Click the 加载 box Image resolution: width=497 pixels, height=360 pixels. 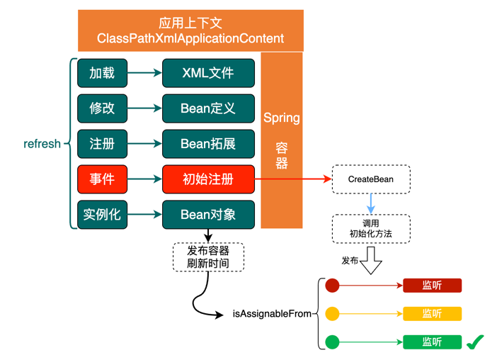pyautogui.click(x=102, y=73)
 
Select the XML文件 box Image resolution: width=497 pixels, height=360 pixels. pyautogui.click(x=208, y=73)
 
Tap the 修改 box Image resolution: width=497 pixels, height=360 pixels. pyautogui.click(x=102, y=108)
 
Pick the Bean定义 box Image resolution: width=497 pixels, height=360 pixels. pyautogui.click(x=208, y=108)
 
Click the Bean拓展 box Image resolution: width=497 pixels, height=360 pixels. pyautogui.click(x=208, y=144)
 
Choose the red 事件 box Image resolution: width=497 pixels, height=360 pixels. pyautogui.click(x=102, y=179)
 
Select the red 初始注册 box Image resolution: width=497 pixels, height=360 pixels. pyautogui.click(x=208, y=179)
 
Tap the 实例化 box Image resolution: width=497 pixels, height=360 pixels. pyautogui.click(x=102, y=215)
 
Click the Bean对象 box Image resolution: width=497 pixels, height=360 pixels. pyautogui.click(x=208, y=215)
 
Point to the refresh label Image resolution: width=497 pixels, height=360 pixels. pyautogui.click(x=42, y=144)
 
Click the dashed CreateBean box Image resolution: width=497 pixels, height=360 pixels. pyautogui.click(x=370, y=179)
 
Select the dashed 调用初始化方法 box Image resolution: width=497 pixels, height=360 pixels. pyautogui.click(x=370, y=228)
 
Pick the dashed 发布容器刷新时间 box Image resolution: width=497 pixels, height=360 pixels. pyautogui.click(x=208, y=257)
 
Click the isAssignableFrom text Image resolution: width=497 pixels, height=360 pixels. pyautogui.click(x=272, y=313)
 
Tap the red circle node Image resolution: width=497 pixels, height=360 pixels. pyautogui.click(x=332, y=286)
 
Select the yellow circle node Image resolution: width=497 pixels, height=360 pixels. pyautogui.click(x=332, y=313)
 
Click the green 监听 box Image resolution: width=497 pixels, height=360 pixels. pyautogui.click(x=432, y=342)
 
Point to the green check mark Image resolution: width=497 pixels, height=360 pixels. pyautogui.click(x=474, y=342)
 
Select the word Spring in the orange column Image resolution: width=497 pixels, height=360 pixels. pyautogui.click(x=282, y=118)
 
